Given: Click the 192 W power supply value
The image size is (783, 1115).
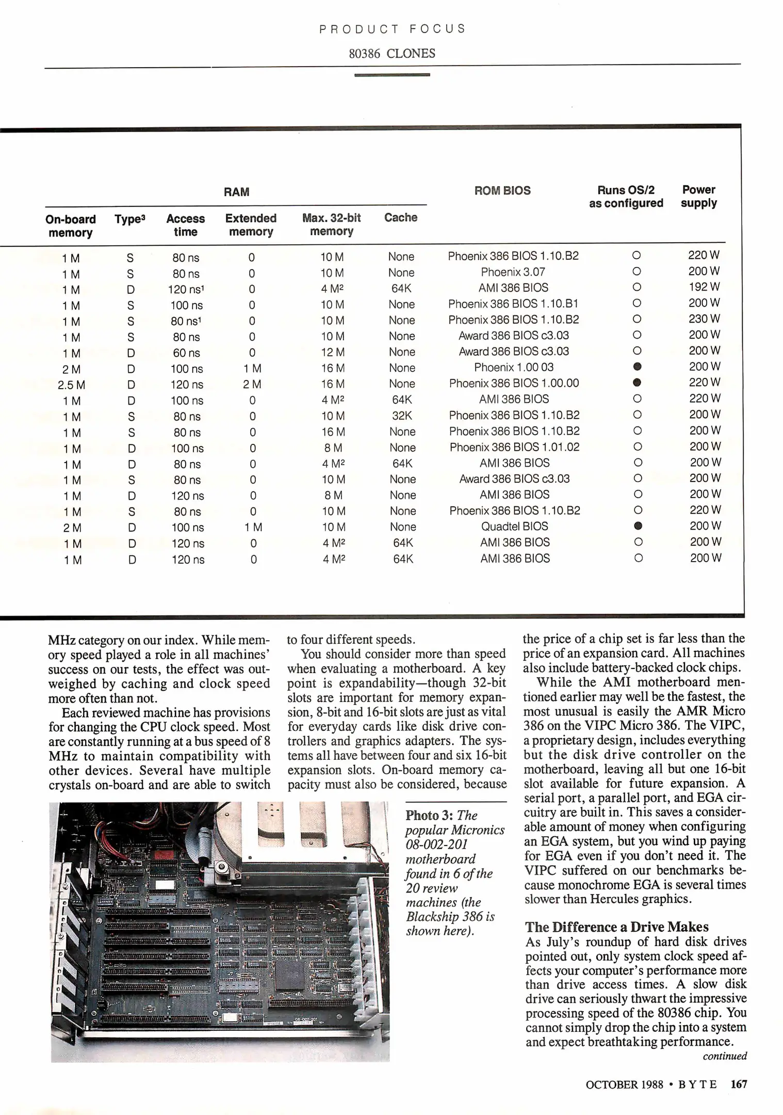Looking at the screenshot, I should click(x=704, y=287).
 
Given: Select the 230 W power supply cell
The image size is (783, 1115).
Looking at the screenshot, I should click(x=704, y=319).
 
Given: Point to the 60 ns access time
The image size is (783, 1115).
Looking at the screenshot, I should click(x=187, y=353).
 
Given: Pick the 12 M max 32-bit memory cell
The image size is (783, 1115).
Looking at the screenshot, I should click(x=333, y=353).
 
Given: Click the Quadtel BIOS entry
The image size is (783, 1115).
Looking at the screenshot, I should click(x=514, y=527).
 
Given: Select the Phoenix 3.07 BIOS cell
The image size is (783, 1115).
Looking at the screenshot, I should click(x=513, y=272).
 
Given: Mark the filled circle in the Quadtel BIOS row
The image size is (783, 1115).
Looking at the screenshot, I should click(x=638, y=526).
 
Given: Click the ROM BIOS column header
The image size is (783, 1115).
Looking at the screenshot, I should click(x=502, y=190).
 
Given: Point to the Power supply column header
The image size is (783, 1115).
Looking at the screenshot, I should click(x=698, y=197).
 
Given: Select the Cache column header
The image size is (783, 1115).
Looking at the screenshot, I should click(x=401, y=218).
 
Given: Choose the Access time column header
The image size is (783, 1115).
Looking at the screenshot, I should click(x=185, y=225).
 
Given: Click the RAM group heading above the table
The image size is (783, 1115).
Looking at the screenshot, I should click(x=237, y=192).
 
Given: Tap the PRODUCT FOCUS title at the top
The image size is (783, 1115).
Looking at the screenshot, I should click(x=392, y=29).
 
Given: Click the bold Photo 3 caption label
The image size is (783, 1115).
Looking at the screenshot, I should click(x=429, y=816).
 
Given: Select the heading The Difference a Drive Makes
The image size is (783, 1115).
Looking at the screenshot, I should click(x=617, y=927).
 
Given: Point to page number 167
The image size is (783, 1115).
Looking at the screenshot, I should click(x=739, y=1085).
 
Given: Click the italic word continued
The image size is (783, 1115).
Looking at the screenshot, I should click(x=725, y=1056).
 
